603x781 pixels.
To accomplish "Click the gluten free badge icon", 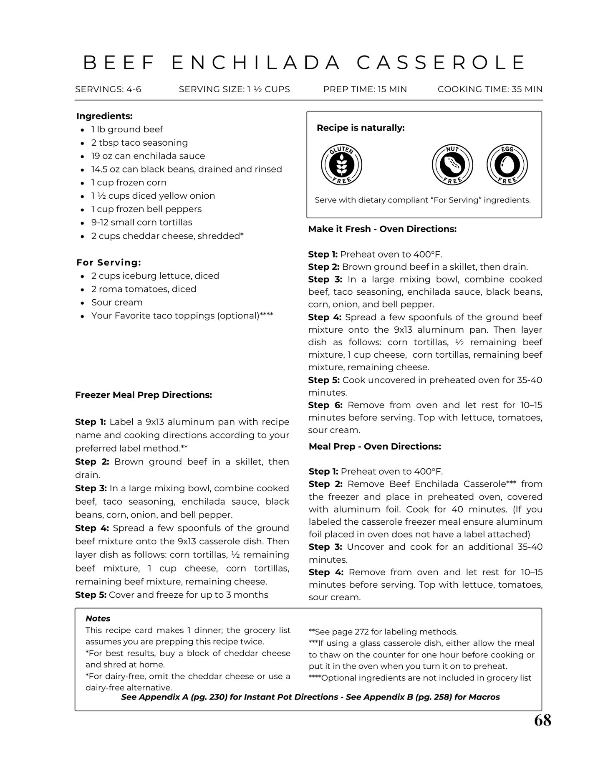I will coord(341,165).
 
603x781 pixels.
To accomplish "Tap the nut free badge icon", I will coord(452,165).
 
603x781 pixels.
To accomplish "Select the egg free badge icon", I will coord(507,165).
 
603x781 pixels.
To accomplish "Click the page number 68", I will coord(542,720).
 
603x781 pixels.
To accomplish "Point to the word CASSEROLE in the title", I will coord(442,63).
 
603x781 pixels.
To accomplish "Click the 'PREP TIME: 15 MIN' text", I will coord(365,89).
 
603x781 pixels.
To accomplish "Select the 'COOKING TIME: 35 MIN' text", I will coord(490,89).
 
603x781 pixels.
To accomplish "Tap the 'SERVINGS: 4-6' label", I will coord(108,89).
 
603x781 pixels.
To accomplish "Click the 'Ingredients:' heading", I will coord(104,116).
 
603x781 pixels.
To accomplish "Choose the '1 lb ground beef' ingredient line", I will coord(127,129).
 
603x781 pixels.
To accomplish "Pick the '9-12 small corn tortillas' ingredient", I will coord(141,222).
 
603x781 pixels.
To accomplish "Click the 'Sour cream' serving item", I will coord(117,302).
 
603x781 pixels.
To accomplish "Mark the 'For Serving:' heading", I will coord(108,263).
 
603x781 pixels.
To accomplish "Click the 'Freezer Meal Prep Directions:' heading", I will coord(144,395).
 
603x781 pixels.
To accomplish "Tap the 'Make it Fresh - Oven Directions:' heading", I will coord(382,229).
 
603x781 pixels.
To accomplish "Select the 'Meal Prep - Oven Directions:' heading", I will coord(375,446).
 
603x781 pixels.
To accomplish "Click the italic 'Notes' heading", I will coord(98,618).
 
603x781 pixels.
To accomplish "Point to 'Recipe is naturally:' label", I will coord(361,128).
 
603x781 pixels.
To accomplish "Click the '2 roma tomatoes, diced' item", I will coord(144,289).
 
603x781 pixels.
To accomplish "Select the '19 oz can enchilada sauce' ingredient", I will coord(148,156).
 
